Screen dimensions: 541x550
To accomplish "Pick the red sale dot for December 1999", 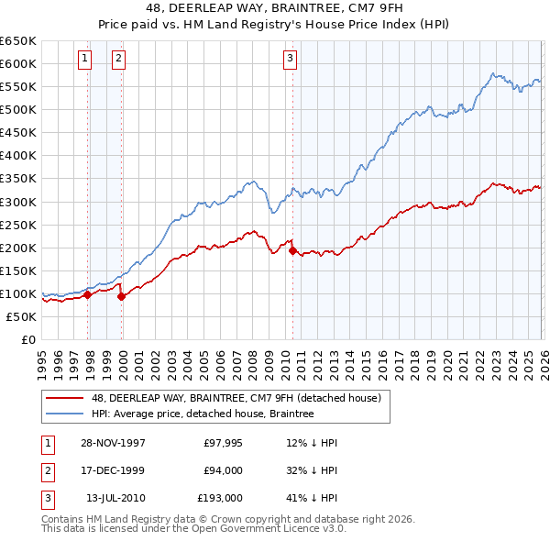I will pos(122,296).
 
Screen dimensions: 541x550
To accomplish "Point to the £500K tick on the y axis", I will pos(19,110).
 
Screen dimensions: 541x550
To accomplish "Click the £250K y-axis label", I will pos(19,225).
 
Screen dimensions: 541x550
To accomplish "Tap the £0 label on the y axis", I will pos(27,340).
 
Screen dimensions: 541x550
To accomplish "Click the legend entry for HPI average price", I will pos(203,414).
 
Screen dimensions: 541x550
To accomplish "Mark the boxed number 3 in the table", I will pos(46,498).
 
